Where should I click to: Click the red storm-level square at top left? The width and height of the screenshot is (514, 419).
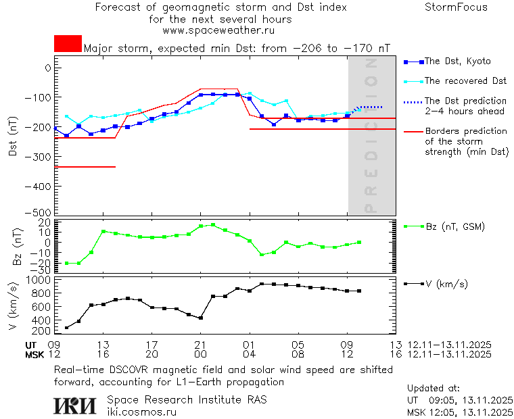point(68,44)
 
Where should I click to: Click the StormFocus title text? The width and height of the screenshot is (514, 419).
point(456,7)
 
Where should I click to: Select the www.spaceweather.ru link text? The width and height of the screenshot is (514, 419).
point(218,30)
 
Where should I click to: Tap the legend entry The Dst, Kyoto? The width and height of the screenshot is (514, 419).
point(457,61)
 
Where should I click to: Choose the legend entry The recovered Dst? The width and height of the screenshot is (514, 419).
point(465,81)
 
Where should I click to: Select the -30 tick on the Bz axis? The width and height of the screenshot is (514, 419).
point(43,269)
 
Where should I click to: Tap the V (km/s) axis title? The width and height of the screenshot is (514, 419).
point(13,305)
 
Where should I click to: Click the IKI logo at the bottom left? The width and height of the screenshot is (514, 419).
point(76,405)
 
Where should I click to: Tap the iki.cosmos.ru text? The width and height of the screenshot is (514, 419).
point(141,412)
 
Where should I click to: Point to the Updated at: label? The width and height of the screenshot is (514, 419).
point(434,389)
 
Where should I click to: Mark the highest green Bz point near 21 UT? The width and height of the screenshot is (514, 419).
point(213,224)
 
